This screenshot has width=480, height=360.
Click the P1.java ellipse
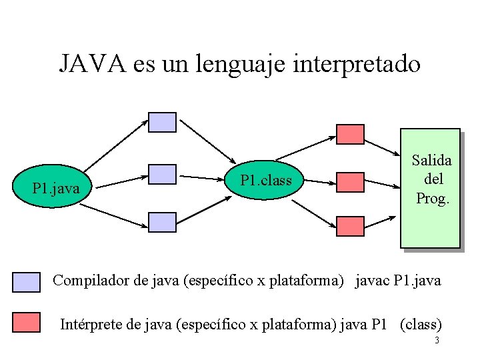[x=56, y=189]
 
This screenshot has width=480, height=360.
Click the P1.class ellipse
[x=266, y=179]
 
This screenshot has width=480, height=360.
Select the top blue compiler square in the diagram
[x=162, y=122]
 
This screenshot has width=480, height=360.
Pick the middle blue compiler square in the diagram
[x=162, y=174]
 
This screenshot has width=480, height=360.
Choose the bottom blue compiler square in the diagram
[x=162, y=222]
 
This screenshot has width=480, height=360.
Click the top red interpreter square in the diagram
[x=350, y=135]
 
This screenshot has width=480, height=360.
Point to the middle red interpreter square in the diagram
[x=350, y=181]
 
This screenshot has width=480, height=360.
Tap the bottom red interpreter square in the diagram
[x=350, y=227]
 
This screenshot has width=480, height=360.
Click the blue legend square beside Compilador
[x=27, y=283]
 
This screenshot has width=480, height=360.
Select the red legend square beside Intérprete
[x=27, y=323]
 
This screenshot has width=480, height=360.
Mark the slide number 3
[x=436, y=341]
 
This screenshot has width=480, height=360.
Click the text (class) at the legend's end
[x=421, y=325]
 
